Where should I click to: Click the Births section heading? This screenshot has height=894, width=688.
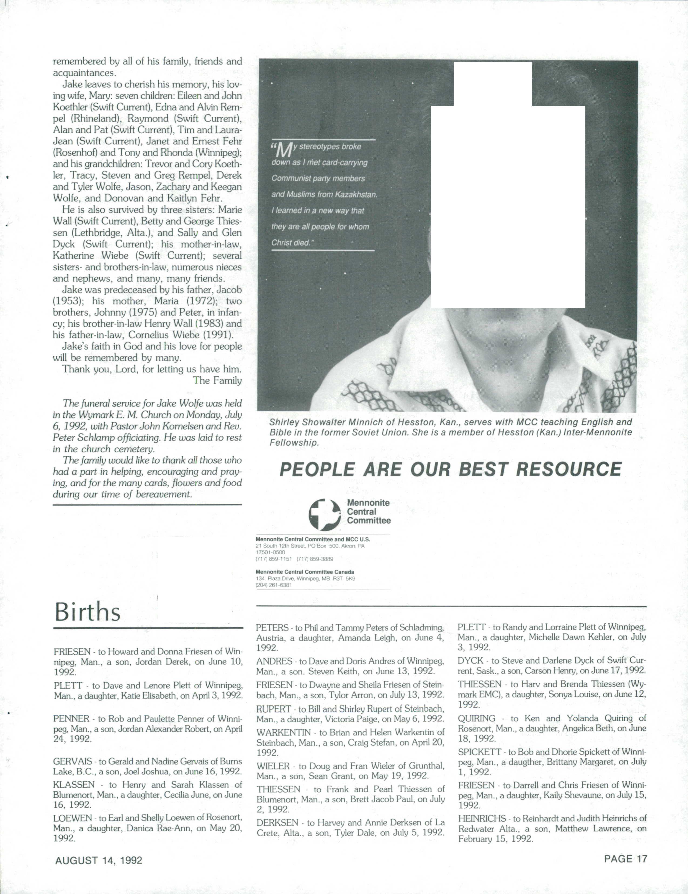click(x=88, y=612)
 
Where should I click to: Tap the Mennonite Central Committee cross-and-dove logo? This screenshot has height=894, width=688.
click(x=324, y=514)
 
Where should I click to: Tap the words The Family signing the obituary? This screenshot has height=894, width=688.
click(x=217, y=380)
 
